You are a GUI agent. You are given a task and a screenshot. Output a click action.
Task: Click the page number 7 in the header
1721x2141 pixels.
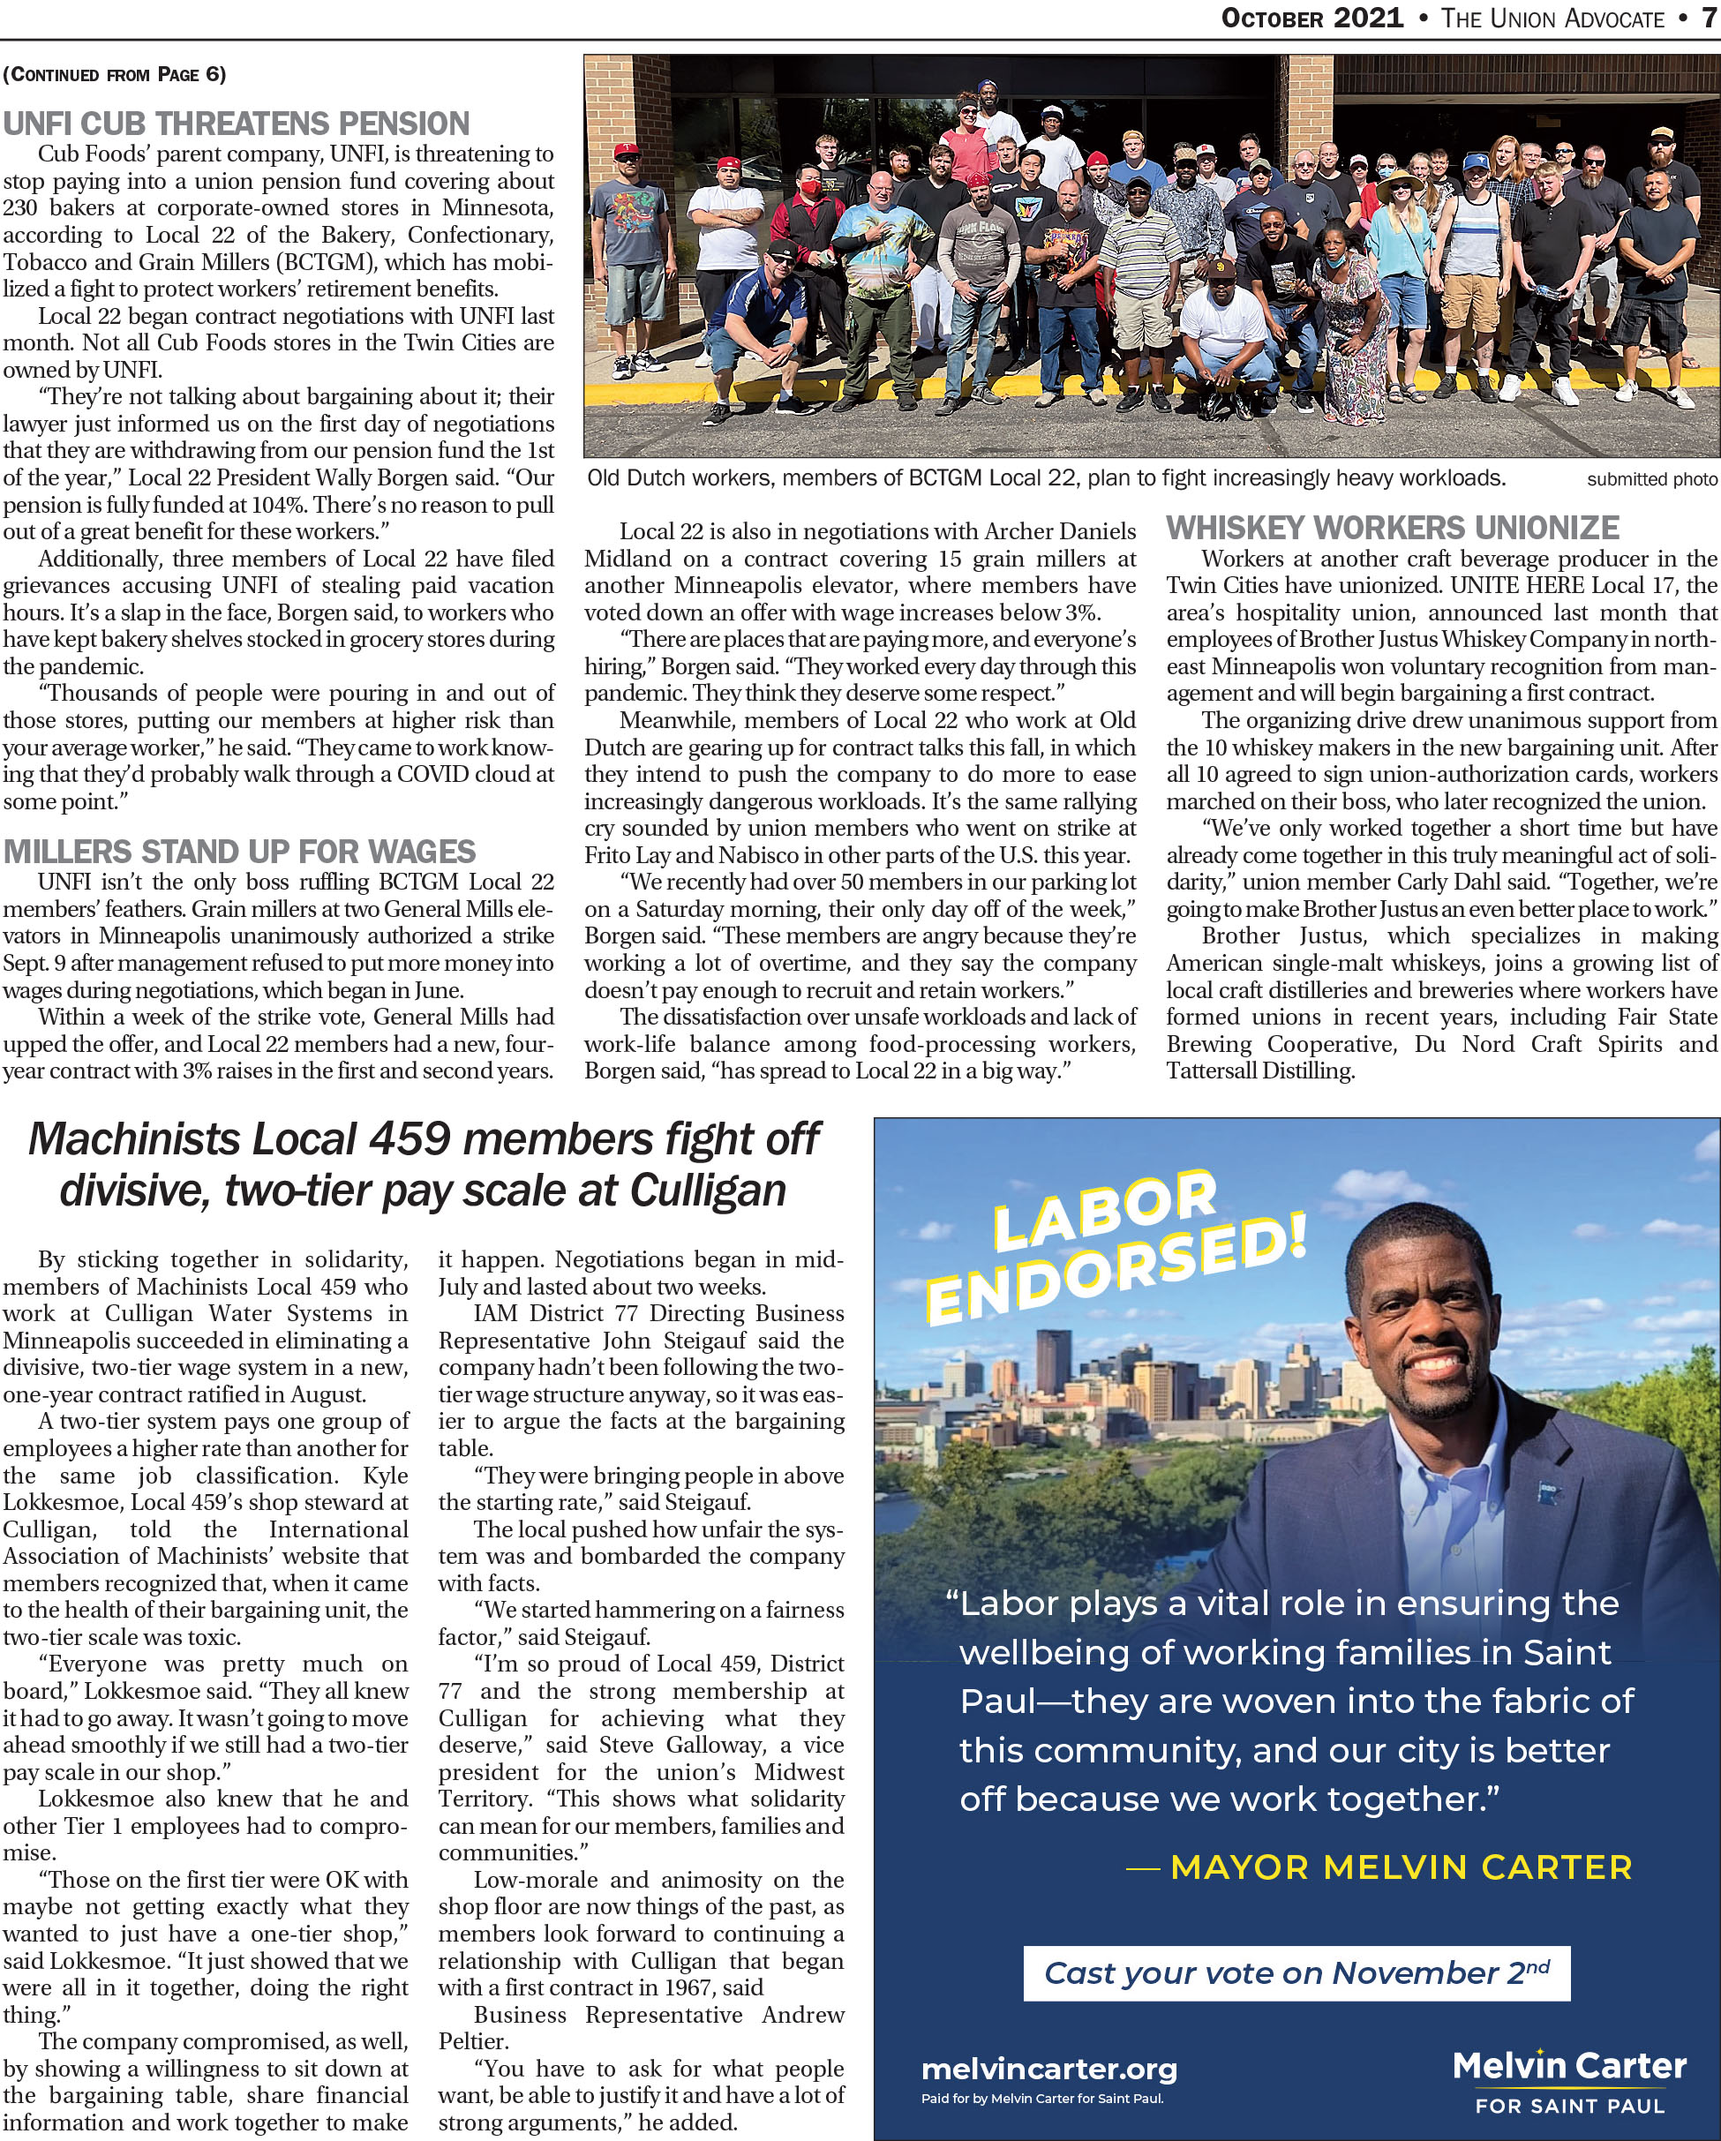click(1708, 19)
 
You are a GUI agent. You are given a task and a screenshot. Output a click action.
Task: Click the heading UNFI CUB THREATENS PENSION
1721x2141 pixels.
click(237, 124)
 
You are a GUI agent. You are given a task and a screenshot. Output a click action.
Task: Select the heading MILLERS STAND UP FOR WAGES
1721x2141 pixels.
click(239, 852)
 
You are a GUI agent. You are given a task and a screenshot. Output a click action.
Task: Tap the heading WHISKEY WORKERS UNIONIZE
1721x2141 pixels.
click(1393, 527)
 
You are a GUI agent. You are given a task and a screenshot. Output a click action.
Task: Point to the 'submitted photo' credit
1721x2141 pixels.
click(1651, 479)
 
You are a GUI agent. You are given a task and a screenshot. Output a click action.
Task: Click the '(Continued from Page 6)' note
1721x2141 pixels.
click(114, 74)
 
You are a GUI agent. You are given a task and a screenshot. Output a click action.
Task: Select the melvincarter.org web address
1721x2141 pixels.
click(1048, 2069)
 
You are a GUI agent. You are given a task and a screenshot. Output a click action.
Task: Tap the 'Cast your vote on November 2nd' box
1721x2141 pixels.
click(1296, 1972)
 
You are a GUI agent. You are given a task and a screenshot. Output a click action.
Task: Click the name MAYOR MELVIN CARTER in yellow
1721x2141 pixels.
click(1401, 1867)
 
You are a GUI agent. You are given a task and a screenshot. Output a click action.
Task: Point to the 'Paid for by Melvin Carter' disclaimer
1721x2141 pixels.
click(1041, 2099)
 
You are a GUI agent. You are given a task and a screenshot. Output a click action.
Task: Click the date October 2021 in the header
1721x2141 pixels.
click(1311, 19)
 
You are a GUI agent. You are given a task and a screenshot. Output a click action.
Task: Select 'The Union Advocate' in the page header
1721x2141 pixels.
click(1552, 19)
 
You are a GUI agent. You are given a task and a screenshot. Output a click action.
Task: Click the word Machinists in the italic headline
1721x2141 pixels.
click(133, 1139)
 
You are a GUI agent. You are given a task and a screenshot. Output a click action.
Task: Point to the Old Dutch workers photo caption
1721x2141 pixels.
click(1046, 478)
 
